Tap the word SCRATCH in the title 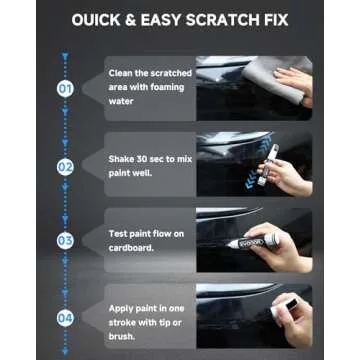pos(229,20)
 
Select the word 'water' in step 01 pos(120,100)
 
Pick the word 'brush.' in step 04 pos(122,334)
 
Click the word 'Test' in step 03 pos(118,232)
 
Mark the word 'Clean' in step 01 pos(120,73)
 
